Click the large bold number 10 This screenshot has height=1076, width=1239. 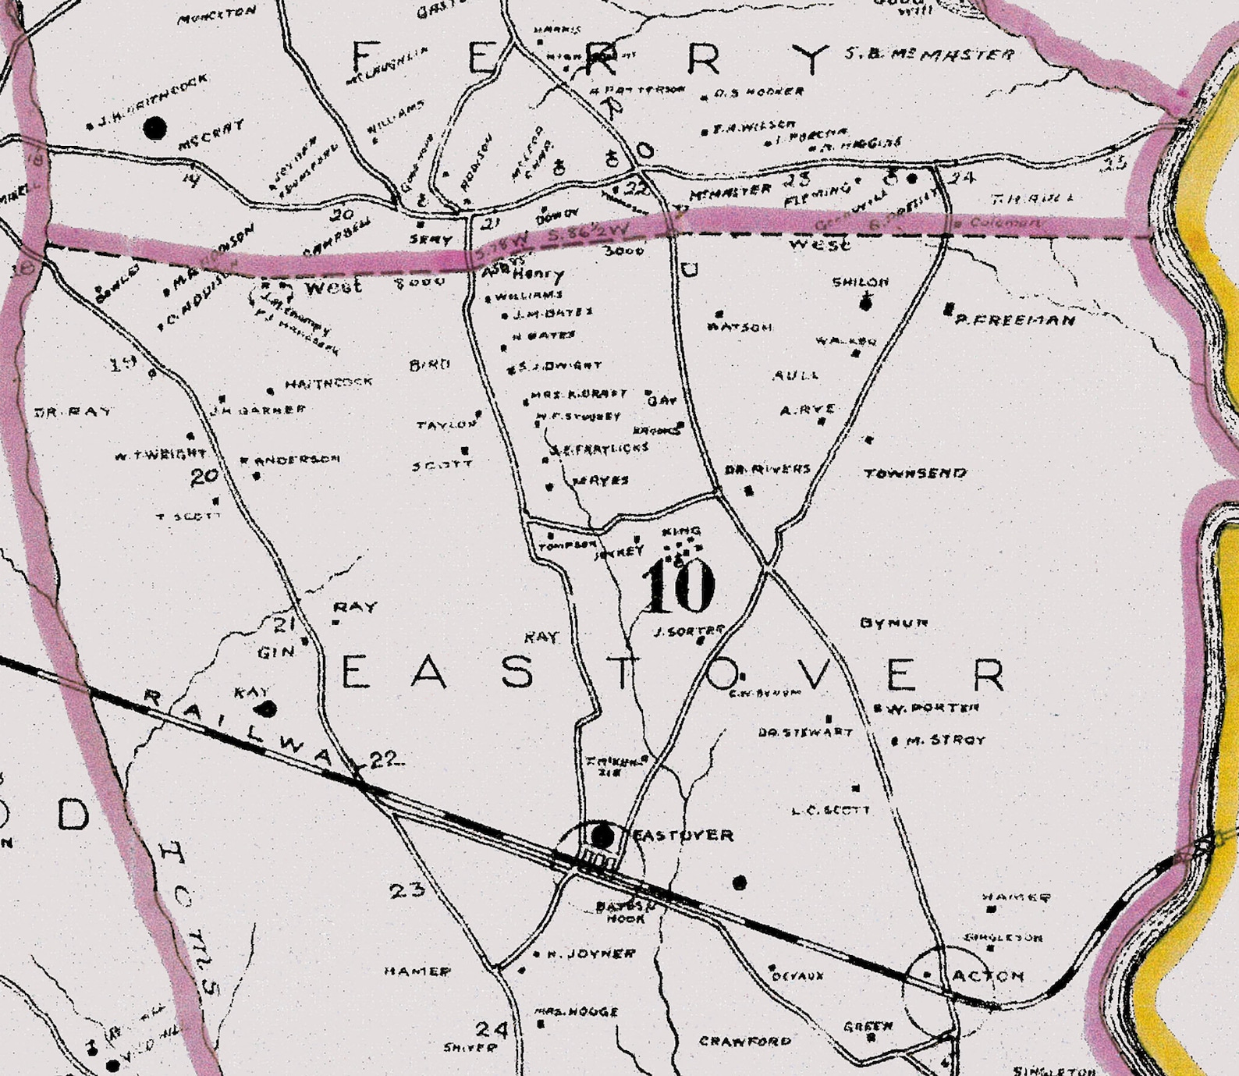pos(678,586)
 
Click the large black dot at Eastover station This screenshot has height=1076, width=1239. pos(602,836)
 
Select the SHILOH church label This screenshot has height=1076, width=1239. pos(861,282)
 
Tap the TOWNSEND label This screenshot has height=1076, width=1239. pos(915,473)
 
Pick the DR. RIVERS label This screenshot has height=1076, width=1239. pos(768,470)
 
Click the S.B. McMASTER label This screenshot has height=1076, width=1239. pos(930,55)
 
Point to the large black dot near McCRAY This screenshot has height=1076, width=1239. pos(156,128)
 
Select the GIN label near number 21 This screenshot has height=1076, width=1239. pos(276,652)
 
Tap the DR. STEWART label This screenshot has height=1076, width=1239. pos(805,733)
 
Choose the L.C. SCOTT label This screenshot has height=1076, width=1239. pos(830,810)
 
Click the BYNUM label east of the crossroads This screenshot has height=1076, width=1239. pos(894,623)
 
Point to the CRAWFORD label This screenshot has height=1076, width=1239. pos(745,1041)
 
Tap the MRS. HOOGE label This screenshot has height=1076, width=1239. pos(577,1011)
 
